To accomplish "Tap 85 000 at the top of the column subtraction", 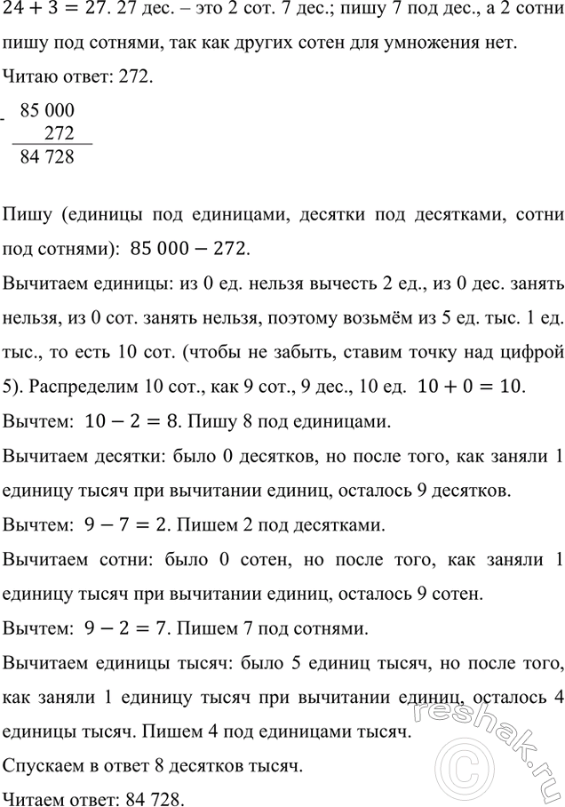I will (53, 112).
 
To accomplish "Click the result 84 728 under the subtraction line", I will (52, 157).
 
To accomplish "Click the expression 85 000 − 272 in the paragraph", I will (190, 250).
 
